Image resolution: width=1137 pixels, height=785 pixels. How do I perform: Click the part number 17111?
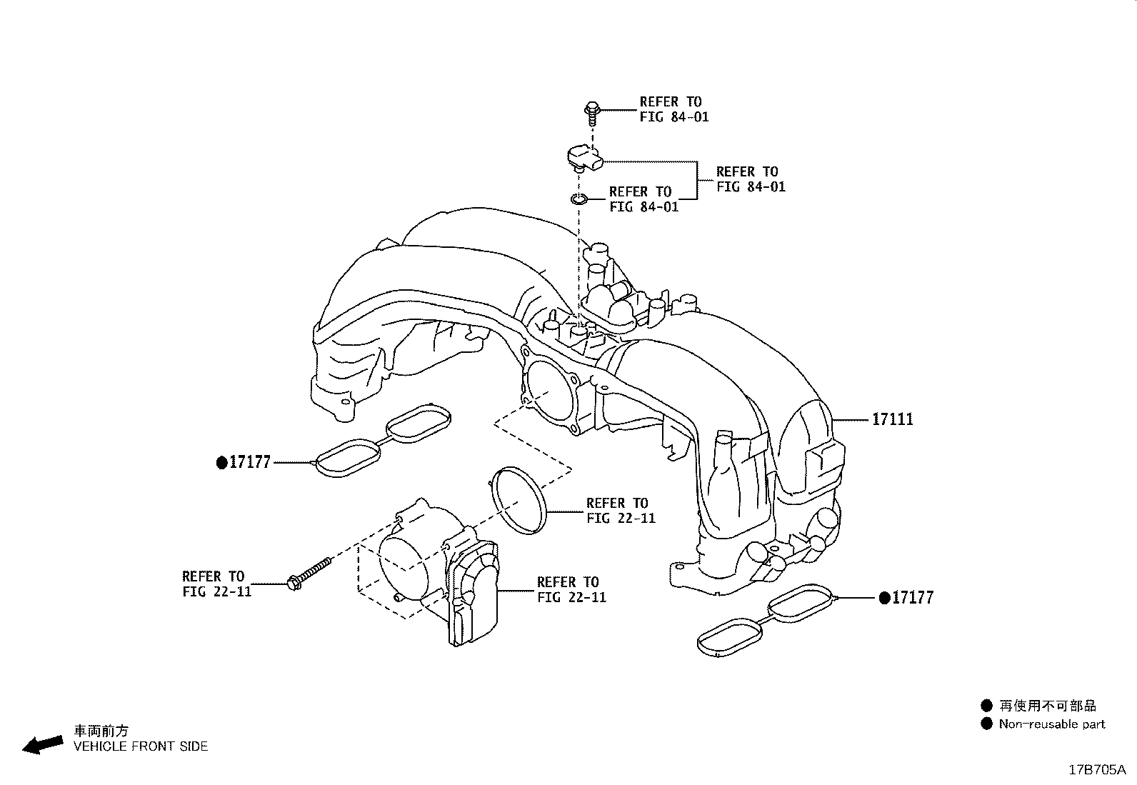click(x=892, y=419)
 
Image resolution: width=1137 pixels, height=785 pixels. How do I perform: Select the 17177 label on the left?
click(x=249, y=462)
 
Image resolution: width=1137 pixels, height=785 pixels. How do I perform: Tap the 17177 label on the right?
click(x=912, y=598)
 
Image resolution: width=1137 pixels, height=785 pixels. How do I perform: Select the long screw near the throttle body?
click(x=309, y=573)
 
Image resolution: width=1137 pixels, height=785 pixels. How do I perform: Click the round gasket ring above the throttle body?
click(x=519, y=500)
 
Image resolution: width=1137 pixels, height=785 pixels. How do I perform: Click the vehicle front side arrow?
click(x=42, y=744)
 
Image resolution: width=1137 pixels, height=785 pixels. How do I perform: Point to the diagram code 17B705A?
click(x=1096, y=770)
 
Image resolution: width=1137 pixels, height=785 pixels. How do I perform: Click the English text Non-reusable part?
click(x=1051, y=724)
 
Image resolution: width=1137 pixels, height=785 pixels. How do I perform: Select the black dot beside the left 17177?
click(x=221, y=463)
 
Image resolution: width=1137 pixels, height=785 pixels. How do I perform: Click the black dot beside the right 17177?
click(x=884, y=597)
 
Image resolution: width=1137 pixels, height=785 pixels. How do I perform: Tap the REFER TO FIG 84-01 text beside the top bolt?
click(x=673, y=109)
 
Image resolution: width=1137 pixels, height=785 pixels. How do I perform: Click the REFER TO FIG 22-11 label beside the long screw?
click(x=216, y=584)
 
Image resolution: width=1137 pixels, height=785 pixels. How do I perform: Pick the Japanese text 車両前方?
click(x=101, y=731)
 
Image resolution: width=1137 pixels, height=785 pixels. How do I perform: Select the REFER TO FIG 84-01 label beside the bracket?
click(x=750, y=179)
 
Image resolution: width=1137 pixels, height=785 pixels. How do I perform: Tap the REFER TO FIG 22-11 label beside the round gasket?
click(x=620, y=510)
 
